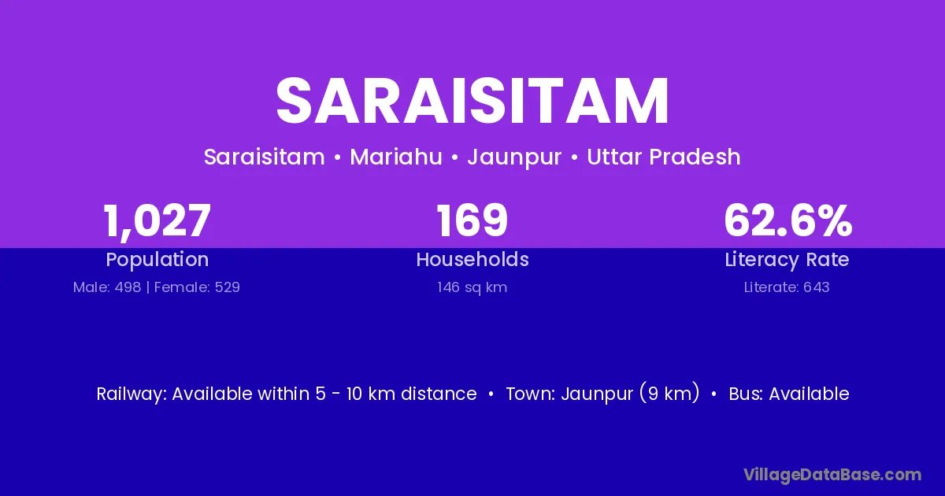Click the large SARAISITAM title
pos(472,101)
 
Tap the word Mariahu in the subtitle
pos(395,157)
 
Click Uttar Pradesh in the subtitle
pos(664,157)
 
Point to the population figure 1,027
pos(157,220)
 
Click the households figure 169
pos(472,220)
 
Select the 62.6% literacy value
pos(787,220)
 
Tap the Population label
pos(157,260)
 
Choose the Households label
pos(472,259)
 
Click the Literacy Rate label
pos(787,260)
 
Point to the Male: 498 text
pos(107,287)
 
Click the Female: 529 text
pos(197,287)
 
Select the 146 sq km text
pos(472,287)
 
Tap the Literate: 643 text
pos(787,287)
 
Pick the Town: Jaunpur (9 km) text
pos(603,394)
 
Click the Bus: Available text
pos(789,394)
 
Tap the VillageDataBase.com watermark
pos(832,476)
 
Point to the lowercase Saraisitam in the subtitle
pos(265,157)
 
